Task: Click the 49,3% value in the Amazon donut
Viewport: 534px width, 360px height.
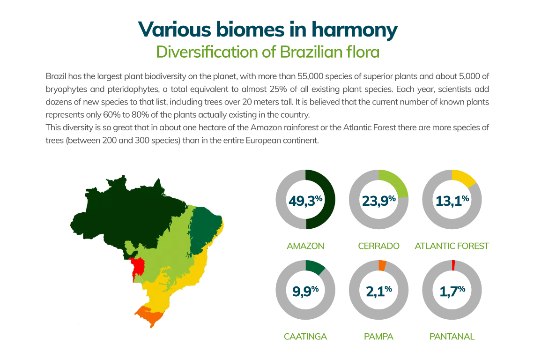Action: click(305, 201)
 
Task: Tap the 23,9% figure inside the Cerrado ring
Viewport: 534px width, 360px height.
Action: click(378, 201)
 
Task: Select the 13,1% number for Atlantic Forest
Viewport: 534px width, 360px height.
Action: click(452, 201)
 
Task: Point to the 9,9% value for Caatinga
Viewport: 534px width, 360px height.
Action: click(305, 291)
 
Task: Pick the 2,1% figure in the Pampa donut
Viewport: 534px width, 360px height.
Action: click(378, 291)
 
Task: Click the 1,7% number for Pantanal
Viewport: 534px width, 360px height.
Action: click(452, 291)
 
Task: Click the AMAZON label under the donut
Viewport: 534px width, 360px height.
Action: click(305, 246)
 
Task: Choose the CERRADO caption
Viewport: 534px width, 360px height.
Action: click(378, 246)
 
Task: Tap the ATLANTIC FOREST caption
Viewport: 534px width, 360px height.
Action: click(452, 246)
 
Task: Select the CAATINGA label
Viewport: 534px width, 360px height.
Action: click(305, 337)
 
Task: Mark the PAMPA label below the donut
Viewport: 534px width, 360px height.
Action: click(378, 337)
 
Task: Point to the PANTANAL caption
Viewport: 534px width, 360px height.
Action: click(452, 337)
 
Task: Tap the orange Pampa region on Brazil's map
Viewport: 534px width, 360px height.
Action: click(150, 315)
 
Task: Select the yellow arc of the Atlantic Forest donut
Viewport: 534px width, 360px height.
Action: click(464, 177)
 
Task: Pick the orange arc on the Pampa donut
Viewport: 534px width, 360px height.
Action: click(382, 266)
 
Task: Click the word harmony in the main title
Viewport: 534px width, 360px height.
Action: click(355, 30)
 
